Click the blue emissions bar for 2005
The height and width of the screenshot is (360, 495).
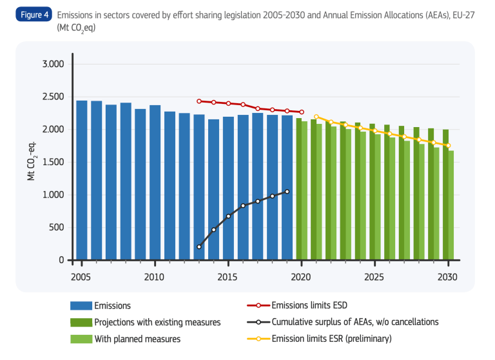click(82, 181)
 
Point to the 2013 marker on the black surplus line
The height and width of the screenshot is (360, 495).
click(199, 246)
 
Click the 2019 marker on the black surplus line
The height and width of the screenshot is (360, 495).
click(287, 192)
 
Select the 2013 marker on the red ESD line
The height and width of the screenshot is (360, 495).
click(199, 101)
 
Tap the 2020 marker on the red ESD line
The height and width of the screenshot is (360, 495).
click(302, 112)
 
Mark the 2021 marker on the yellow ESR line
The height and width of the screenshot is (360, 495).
click(316, 117)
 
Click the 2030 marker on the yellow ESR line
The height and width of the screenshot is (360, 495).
click(448, 145)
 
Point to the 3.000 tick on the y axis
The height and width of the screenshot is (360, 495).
click(52, 64)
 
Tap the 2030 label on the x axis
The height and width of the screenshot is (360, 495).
click(448, 277)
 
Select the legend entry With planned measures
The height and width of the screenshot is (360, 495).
click(137, 338)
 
